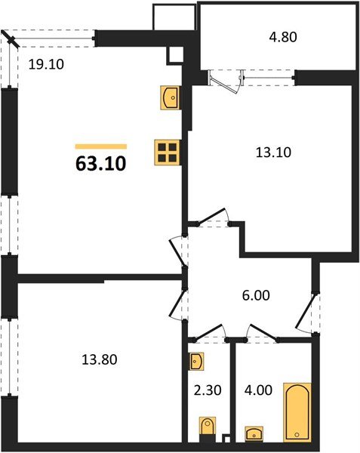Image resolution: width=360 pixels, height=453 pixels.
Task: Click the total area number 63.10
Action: (100, 162)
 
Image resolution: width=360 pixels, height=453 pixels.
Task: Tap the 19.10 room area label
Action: (46, 64)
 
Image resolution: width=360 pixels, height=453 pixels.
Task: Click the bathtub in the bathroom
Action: (297, 411)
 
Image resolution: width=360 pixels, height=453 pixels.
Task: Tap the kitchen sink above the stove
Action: (170, 97)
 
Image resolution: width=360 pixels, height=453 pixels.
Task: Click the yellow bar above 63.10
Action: (101, 146)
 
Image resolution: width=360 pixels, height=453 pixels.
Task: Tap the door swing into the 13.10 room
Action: (219, 217)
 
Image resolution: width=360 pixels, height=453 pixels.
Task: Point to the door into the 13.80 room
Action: (178, 299)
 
